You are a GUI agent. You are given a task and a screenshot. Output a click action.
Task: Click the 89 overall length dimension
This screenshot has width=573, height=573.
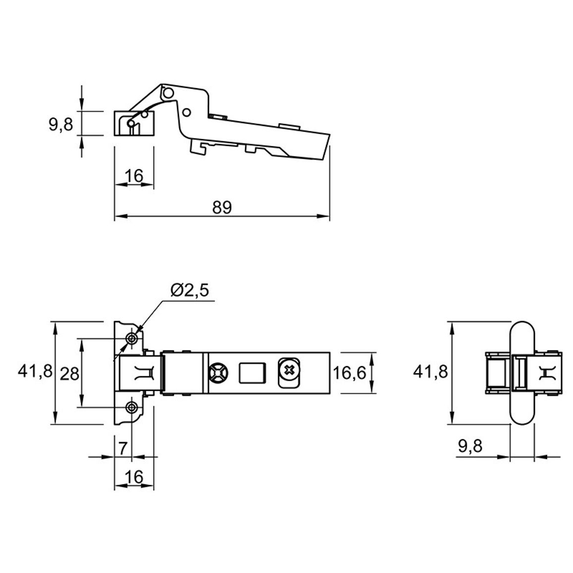click(222, 208)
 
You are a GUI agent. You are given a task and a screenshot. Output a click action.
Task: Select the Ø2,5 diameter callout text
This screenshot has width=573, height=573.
click(190, 291)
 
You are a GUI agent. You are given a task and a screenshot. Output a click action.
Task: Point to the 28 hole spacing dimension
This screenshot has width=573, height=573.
click(69, 374)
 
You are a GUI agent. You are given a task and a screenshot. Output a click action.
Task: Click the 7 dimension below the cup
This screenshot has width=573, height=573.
click(123, 448)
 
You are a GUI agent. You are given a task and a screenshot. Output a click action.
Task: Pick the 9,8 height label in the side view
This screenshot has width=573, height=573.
click(61, 124)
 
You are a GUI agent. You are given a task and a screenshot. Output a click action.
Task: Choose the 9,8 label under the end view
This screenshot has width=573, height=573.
click(470, 446)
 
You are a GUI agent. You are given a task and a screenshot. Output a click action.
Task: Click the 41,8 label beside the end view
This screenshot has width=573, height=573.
click(430, 372)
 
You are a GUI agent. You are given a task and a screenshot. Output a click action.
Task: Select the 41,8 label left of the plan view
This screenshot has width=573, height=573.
click(36, 372)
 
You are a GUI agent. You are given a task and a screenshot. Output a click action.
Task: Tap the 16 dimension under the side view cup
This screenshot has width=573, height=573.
click(134, 176)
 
